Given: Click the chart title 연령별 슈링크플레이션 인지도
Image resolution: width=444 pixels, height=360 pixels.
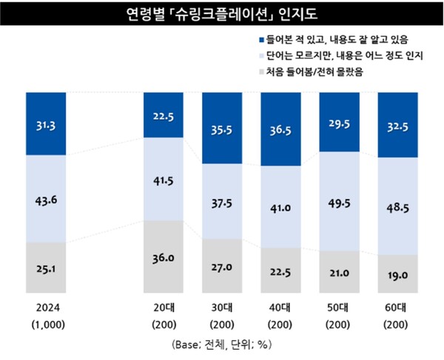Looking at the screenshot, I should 221,14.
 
